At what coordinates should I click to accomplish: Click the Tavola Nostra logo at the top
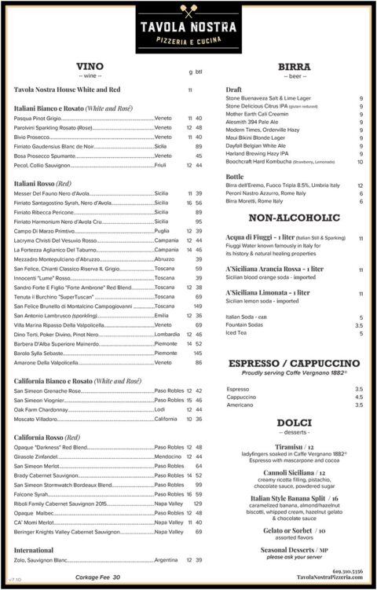188,24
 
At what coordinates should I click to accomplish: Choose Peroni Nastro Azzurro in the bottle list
265,193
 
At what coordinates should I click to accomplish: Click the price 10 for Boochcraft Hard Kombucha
360,162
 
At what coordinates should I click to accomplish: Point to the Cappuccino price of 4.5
359,397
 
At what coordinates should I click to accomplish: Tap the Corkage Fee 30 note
98,577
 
